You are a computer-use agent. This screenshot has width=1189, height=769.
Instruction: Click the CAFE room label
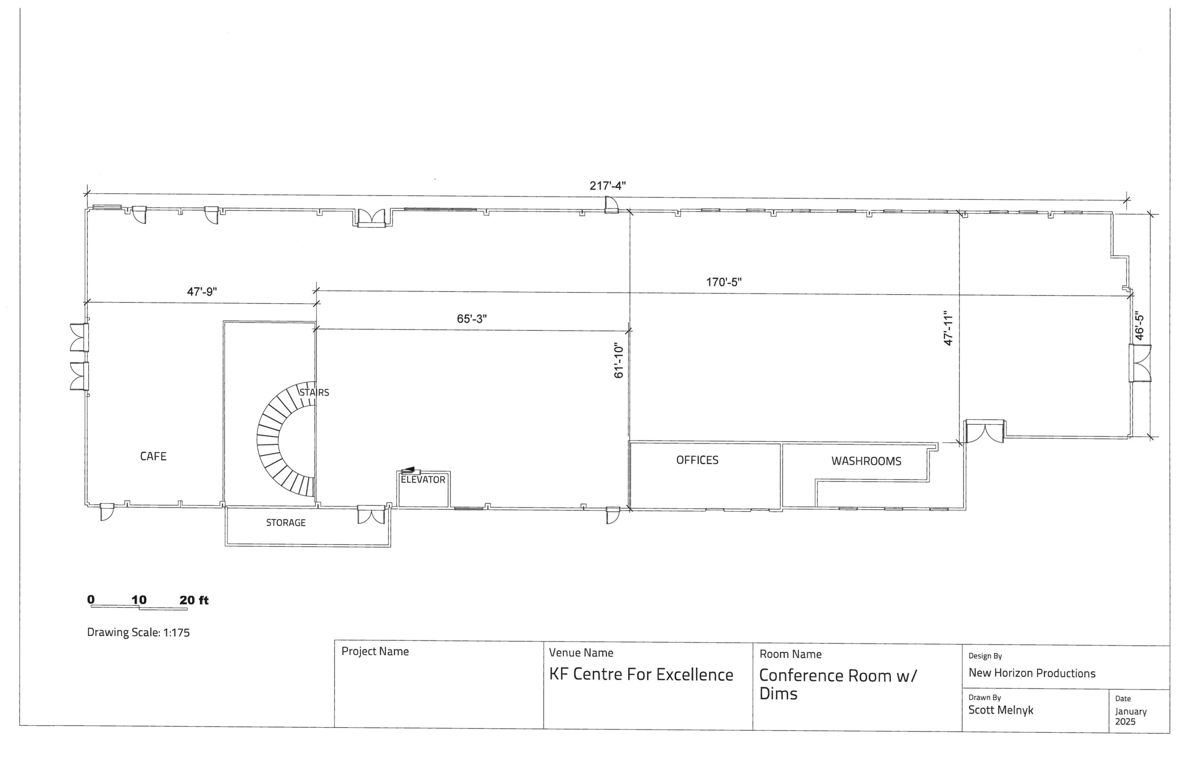click(x=153, y=456)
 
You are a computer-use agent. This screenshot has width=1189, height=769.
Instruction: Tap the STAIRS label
click(x=314, y=392)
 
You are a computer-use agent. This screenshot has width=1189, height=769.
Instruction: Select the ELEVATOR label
click(x=423, y=479)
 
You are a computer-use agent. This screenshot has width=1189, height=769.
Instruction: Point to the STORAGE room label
click(x=286, y=522)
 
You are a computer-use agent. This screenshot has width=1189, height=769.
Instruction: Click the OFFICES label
click(x=697, y=460)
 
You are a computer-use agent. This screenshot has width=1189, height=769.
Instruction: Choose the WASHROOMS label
click(x=866, y=461)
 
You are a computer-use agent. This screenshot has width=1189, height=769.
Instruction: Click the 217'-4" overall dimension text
click(x=607, y=186)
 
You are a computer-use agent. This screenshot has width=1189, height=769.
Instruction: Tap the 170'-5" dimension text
click(x=724, y=282)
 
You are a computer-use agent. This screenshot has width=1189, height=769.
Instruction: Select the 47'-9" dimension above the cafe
click(x=202, y=292)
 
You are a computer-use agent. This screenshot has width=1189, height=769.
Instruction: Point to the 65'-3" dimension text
click(x=471, y=319)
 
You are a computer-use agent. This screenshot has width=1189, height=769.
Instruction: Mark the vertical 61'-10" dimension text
click(x=619, y=360)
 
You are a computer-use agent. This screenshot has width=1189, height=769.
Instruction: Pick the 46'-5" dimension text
click(x=1138, y=326)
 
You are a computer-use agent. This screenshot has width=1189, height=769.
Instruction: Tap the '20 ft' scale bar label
click(x=194, y=600)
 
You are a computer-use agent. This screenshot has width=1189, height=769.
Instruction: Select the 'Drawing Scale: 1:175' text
click(x=138, y=632)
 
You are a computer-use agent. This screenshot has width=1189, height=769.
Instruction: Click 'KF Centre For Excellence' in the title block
click(x=641, y=675)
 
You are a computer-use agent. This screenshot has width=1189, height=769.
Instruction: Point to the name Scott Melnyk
click(x=1000, y=710)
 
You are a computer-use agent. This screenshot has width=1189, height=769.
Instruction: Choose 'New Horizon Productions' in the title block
click(x=1032, y=673)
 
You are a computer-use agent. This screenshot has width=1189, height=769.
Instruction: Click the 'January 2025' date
click(x=1130, y=717)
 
